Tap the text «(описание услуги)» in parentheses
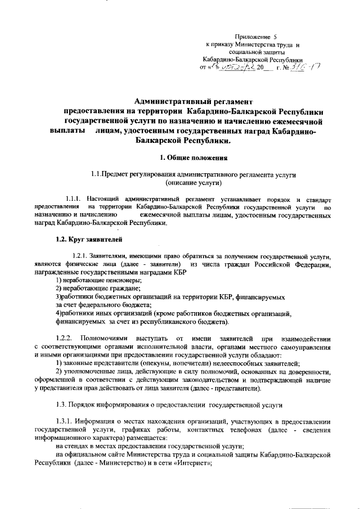(193, 183)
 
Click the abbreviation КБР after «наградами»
(177, 272)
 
